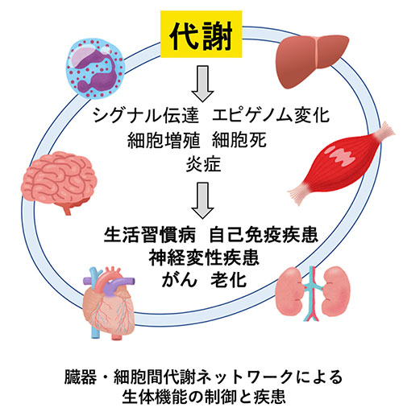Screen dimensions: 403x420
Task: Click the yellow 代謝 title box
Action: (x=201, y=34)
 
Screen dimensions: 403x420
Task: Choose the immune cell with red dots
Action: (x=95, y=68)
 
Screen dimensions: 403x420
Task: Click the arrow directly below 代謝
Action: (x=203, y=84)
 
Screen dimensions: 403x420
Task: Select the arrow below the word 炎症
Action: (x=203, y=200)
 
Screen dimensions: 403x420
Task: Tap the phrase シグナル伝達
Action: (x=146, y=116)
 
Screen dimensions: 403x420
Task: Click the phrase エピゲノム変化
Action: (x=271, y=116)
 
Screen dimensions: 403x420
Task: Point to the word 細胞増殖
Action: (x=164, y=140)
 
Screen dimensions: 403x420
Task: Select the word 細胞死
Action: (x=239, y=140)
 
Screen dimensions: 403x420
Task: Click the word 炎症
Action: (x=203, y=164)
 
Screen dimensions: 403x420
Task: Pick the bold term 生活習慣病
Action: (x=150, y=235)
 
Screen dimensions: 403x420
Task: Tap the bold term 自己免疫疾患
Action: (x=264, y=235)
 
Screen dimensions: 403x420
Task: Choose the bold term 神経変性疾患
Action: (x=204, y=257)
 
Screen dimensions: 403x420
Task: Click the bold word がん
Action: (x=180, y=280)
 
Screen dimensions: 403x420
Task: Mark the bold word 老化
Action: (x=229, y=280)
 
